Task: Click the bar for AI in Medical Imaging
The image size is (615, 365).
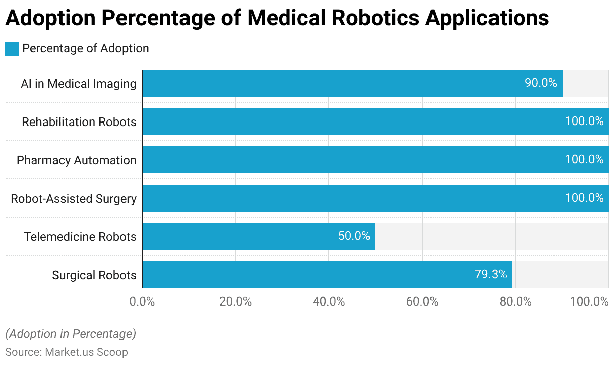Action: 328,83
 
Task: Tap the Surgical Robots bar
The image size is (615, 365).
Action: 302,275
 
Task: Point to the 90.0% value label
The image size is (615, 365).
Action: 541,83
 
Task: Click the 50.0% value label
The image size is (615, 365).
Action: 354,236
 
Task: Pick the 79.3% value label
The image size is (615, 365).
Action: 490,275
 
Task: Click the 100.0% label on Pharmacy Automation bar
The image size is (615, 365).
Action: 584,160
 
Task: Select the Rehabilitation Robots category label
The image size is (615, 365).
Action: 79,122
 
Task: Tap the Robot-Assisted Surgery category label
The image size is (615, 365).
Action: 74,199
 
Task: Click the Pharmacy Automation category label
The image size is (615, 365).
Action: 77,160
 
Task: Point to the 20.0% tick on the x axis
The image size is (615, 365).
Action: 235,302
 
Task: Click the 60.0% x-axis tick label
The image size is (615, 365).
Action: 422,302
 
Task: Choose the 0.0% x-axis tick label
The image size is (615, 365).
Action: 142,302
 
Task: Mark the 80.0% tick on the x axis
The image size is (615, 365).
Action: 516,302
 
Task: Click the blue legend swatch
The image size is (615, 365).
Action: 12,49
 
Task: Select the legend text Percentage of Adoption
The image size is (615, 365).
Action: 86,49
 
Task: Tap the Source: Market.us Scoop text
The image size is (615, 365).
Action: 67,352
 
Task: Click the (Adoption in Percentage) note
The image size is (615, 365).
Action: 71,334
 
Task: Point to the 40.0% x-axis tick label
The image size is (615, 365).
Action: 329,302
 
